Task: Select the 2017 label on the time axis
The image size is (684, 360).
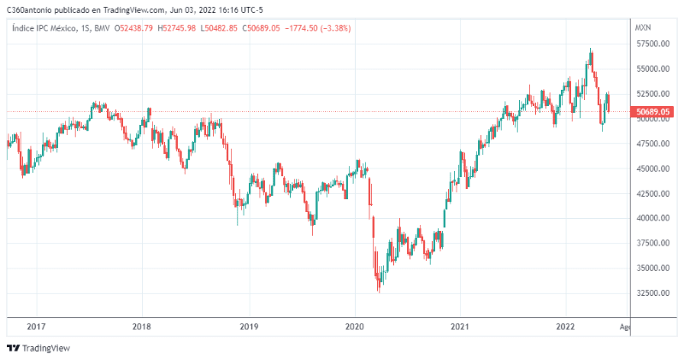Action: tap(36, 326)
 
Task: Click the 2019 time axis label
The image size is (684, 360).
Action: tap(249, 326)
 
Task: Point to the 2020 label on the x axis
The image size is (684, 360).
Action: tap(355, 326)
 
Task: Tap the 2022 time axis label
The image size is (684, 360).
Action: tap(566, 326)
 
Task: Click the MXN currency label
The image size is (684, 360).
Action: tap(644, 28)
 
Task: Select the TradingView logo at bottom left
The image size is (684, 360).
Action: tap(38, 348)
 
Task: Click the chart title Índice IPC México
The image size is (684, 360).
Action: tap(44, 28)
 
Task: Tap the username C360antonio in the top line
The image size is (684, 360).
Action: tap(27, 9)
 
